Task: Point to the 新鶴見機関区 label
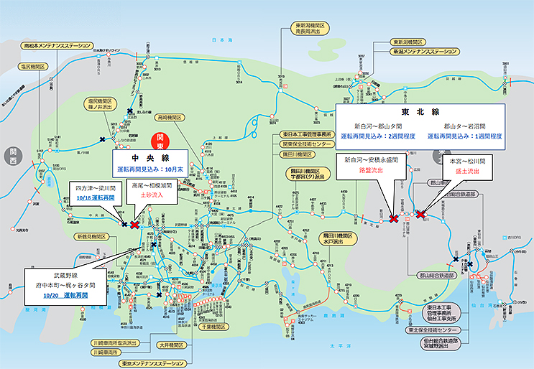point(91,236)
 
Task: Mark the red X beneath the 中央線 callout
point(134,224)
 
